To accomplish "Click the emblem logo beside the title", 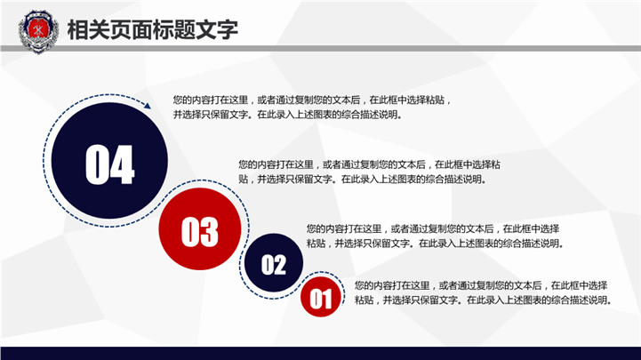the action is pyautogui.click(x=38, y=32).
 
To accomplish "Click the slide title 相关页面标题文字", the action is pyautogui.click(x=153, y=29).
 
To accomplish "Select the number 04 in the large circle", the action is pyautogui.click(x=109, y=164).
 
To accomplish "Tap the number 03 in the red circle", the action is pyautogui.click(x=200, y=232).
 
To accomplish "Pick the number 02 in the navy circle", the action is pyautogui.click(x=274, y=265).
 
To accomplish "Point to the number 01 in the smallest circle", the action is pyautogui.click(x=320, y=299).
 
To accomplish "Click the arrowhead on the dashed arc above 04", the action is pyautogui.click(x=148, y=106).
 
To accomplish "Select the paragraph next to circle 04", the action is pyautogui.click(x=312, y=107).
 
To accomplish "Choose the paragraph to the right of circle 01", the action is pyautogui.click(x=483, y=292).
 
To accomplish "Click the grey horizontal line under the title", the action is pyautogui.click(x=320, y=48).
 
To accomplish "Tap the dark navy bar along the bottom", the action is pyautogui.click(x=320, y=354).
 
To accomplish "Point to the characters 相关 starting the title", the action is pyautogui.click(x=88, y=29).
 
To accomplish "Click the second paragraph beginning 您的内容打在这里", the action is pyautogui.click(x=370, y=172).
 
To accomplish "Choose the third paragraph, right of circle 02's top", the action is pyautogui.click(x=436, y=236).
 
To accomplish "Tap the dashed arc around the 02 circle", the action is pyautogui.click(x=245, y=282).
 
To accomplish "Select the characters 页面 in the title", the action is pyautogui.click(x=132, y=29).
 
